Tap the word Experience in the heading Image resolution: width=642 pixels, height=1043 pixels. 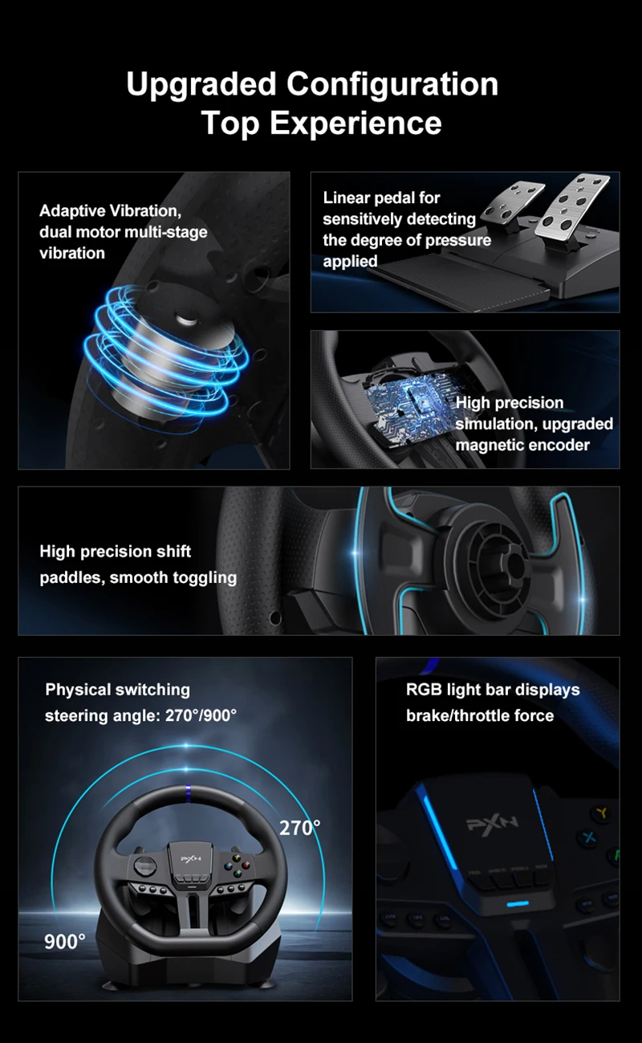pos(356,124)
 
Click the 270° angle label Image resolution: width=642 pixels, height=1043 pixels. pos(299,828)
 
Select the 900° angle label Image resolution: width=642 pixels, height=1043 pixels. pos(65,941)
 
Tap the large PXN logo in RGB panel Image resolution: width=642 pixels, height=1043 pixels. pos(493,822)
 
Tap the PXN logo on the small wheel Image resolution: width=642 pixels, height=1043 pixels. pos(189,858)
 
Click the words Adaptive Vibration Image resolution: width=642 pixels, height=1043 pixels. pos(109,211)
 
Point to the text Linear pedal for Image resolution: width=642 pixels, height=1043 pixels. pos(381,198)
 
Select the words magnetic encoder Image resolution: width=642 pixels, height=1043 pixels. pos(522,445)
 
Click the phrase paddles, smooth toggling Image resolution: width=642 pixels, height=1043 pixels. pos(138,577)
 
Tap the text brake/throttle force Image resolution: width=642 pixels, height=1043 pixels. pos(479,715)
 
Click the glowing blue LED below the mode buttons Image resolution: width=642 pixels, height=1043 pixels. pos(518,905)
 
